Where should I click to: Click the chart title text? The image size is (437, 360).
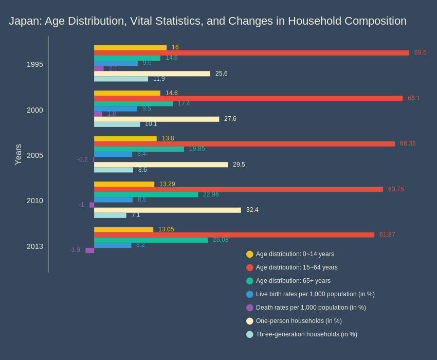pyautogui.click(x=207, y=21)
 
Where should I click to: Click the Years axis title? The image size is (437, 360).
pyautogui.click(x=18, y=154)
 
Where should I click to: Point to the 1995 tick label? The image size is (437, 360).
pyautogui.click(x=35, y=64)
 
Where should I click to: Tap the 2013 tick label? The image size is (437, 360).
pyautogui.click(x=35, y=246)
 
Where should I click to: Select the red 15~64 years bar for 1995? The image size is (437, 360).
pyautogui.click(x=251, y=53)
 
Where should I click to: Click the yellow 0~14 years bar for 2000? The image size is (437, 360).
pyautogui.click(x=127, y=93)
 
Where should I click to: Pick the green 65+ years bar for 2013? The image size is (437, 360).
pyautogui.click(x=151, y=240)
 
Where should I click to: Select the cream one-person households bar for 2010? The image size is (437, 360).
pyautogui.click(x=167, y=210)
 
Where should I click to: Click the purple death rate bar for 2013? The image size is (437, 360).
pyautogui.click(x=89, y=250)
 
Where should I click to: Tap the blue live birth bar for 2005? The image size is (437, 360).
pyautogui.click(x=113, y=154)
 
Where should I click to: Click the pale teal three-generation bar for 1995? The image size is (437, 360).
pyautogui.click(x=121, y=79)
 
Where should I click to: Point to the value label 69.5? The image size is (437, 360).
pyautogui.click(x=420, y=52)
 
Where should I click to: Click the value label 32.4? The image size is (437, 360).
pyautogui.click(x=252, y=210)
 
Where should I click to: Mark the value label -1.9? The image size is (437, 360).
pyautogui.click(x=75, y=250)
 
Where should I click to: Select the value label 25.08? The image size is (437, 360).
pyautogui.click(x=221, y=240)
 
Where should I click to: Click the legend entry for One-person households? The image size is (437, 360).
pyautogui.click(x=298, y=321)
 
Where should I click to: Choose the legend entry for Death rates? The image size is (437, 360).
pyautogui.click(x=311, y=308)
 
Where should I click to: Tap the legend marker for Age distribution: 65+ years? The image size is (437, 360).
pyautogui.click(x=250, y=281)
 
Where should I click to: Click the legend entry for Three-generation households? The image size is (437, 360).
pyautogui.click(x=306, y=334)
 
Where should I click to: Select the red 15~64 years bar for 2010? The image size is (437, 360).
pyautogui.click(x=238, y=189)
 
